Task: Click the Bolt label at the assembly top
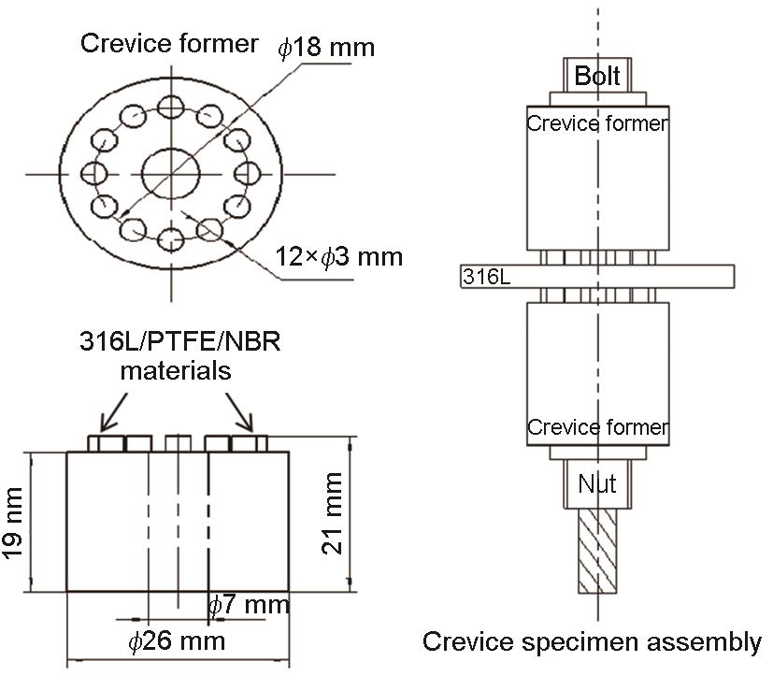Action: (x=597, y=76)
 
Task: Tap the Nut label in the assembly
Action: (x=596, y=484)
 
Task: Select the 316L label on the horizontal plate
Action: (x=482, y=277)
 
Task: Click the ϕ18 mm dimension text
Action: (x=326, y=48)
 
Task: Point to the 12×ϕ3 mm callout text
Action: (x=338, y=255)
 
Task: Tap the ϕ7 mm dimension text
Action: (x=248, y=605)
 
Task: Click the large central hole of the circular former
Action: (x=171, y=174)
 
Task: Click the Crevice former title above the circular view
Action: (x=169, y=43)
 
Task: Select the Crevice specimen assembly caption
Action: (x=592, y=642)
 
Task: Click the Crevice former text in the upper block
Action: (x=597, y=123)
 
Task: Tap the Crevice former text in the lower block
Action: (x=597, y=427)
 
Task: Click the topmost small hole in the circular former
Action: (x=171, y=108)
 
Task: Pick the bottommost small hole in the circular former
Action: (x=171, y=240)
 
